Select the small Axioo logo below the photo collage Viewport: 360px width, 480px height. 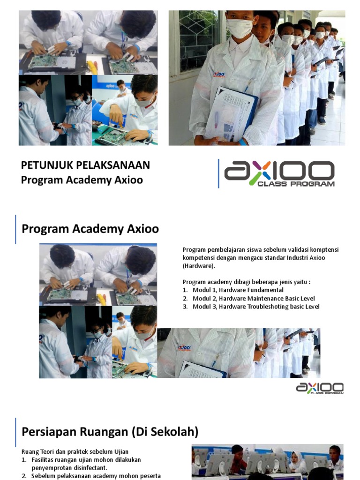click(x=320, y=388)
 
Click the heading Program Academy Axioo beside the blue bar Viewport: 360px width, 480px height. click(x=90, y=229)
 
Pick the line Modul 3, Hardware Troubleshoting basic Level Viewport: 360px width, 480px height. click(x=255, y=307)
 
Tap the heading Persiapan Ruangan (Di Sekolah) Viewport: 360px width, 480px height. click(x=110, y=431)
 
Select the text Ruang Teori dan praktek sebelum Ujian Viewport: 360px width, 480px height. click(x=75, y=452)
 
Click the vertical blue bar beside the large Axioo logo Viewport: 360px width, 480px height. click(x=218, y=173)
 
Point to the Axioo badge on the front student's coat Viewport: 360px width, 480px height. click(x=219, y=74)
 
